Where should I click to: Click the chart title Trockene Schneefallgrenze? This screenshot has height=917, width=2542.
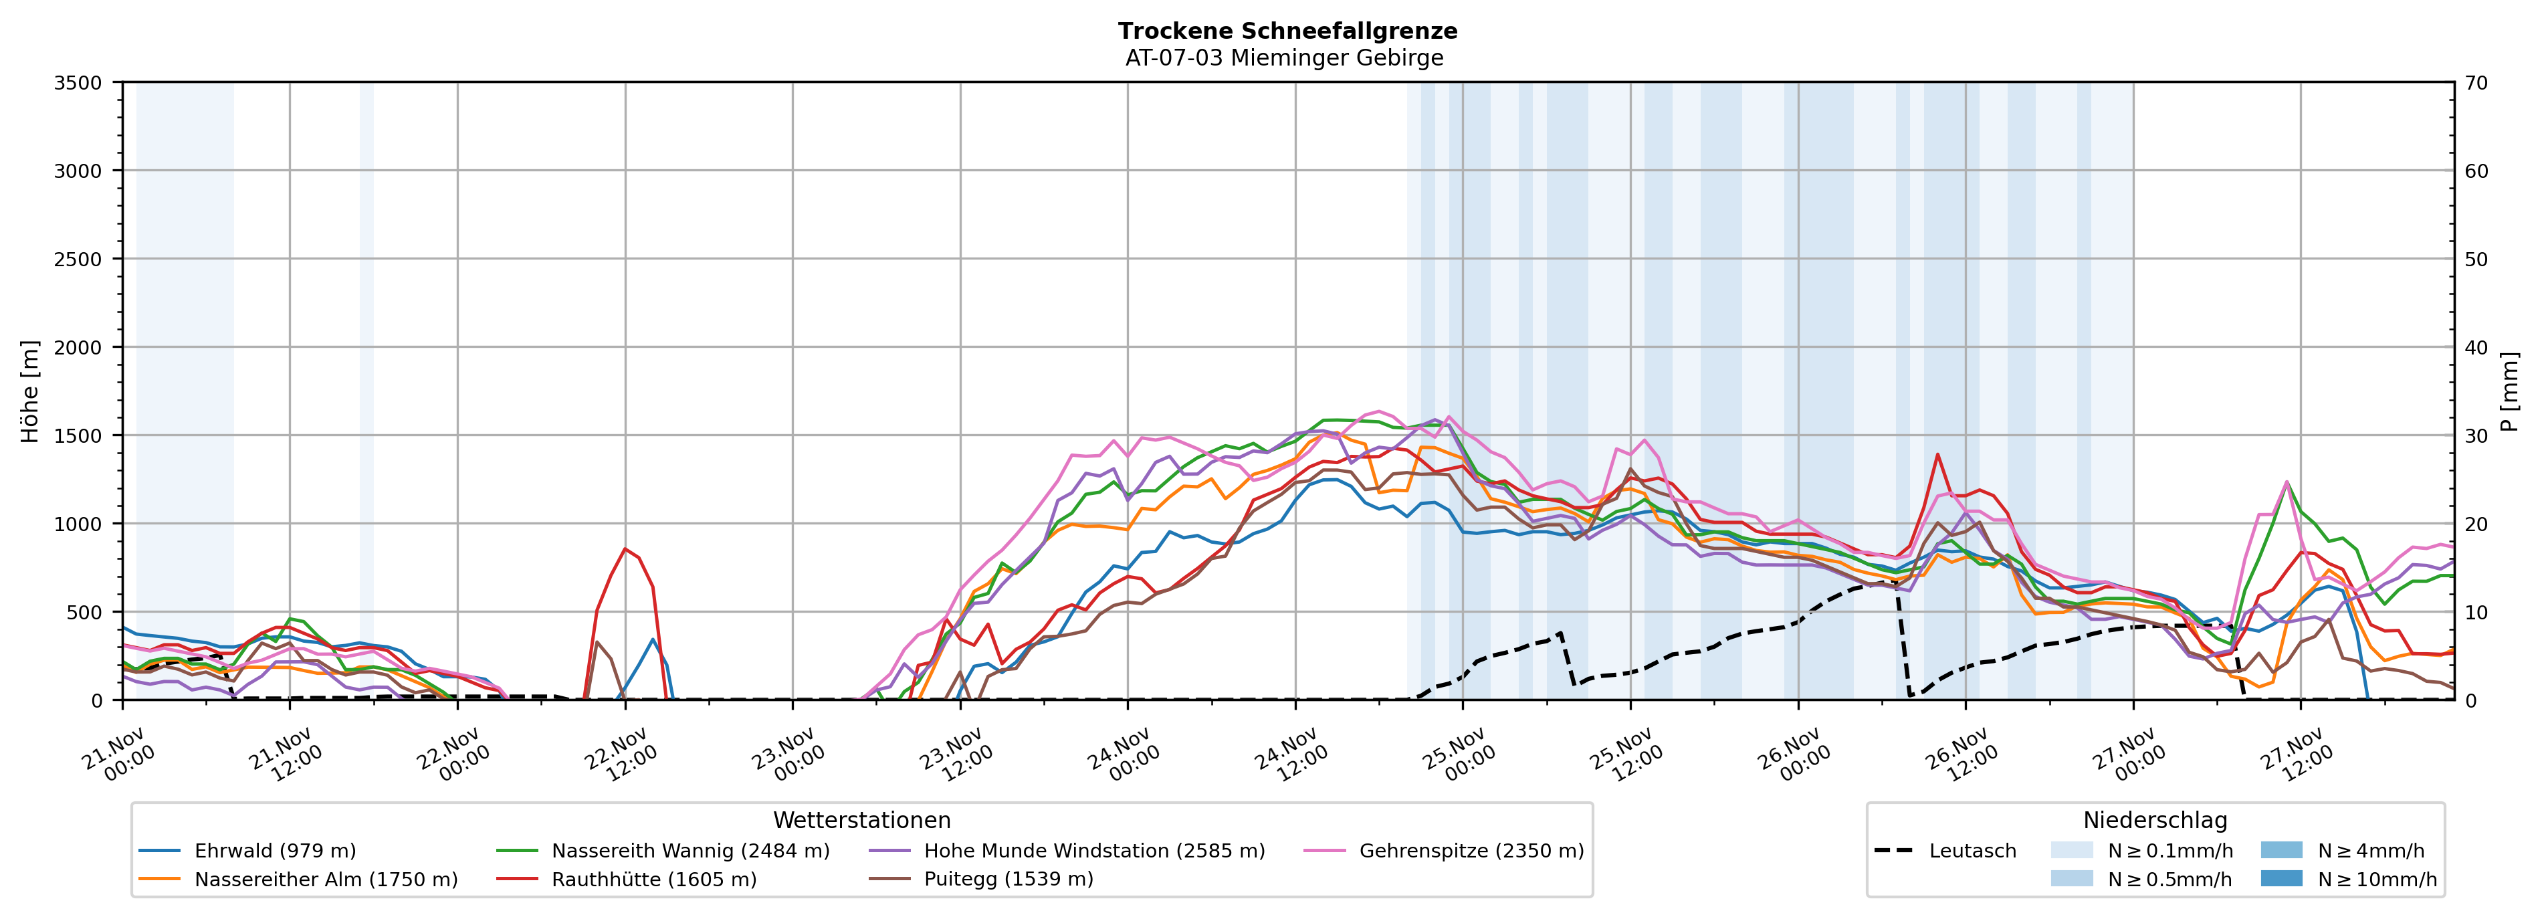[1287, 31]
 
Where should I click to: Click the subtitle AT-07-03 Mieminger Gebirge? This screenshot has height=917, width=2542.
[1284, 58]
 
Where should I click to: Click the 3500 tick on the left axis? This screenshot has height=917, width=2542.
[78, 83]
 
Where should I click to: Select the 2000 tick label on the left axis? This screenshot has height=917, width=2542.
[78, 347]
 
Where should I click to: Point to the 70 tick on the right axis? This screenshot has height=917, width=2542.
[2476, 83]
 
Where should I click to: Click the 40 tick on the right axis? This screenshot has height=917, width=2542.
[2476, 347]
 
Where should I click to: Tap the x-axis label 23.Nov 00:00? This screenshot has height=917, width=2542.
[786, 755]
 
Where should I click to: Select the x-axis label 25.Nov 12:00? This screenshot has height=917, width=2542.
[1624, 755]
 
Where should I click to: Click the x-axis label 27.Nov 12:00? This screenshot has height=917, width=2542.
[2295, 755]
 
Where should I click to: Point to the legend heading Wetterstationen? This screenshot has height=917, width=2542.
[861, 820]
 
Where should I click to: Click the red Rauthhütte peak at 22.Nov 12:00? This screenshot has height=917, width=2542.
[625, 549]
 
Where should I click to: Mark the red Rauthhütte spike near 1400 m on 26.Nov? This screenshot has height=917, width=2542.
[1937, 454]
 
